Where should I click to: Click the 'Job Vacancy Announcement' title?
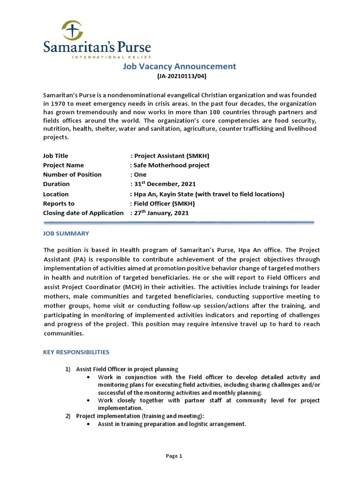[x=180, y=67]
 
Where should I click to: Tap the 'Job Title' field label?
[x=56, y=156]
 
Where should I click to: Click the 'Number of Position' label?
[x=72, y=174]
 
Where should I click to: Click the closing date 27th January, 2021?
[x=160, y=213]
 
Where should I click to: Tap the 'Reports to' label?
[x=59, y=203]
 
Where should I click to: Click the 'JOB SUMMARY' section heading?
[x=66, y=233]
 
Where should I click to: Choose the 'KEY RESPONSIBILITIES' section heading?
[x=76, y=352]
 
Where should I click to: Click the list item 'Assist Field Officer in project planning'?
[x=127, y=369]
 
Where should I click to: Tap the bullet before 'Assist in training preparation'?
[x=89, y=424]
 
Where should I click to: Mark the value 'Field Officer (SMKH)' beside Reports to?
[x=163, y=203]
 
